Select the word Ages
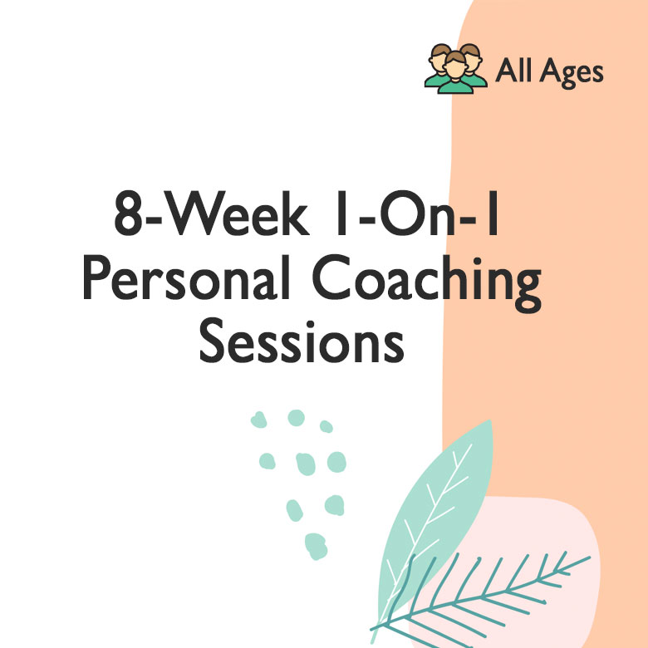coord(571,73)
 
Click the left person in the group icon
coord(437,65)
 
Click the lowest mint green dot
coord(316,545)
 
